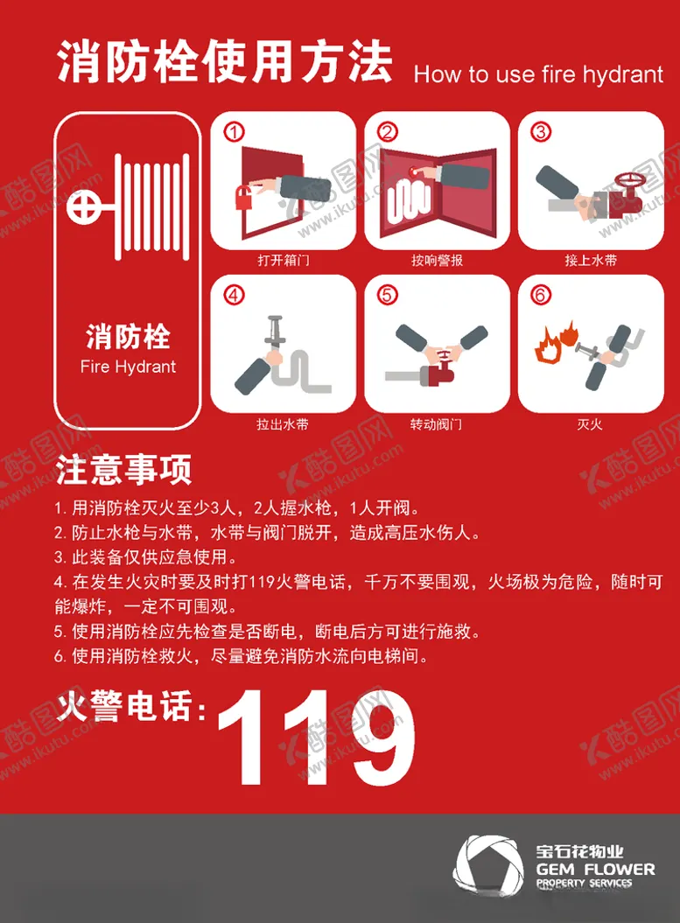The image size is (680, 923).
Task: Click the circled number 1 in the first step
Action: point(234,131)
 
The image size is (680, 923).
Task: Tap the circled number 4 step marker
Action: point(234,294)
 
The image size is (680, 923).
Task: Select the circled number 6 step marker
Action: point(541,294)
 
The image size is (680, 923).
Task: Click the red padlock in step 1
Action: point(244,198)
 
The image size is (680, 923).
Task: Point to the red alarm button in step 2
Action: point(413,171)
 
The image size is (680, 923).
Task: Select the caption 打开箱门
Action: point(284,260)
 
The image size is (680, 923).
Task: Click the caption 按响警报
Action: point(437,260)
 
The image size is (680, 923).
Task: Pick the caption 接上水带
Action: point(591,260)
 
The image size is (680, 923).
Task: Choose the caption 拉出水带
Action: point(283,423)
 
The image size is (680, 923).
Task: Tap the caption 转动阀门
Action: point(436,423)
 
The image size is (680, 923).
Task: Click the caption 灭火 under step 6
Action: point(590,423)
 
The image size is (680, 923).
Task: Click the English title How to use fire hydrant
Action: point(539,74)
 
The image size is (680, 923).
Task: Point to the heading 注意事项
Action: point(123,471)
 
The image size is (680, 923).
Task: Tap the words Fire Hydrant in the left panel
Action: point(128,367)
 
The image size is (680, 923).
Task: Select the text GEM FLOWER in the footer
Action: point(595,870)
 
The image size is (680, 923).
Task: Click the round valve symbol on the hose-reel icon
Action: point(83,207)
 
